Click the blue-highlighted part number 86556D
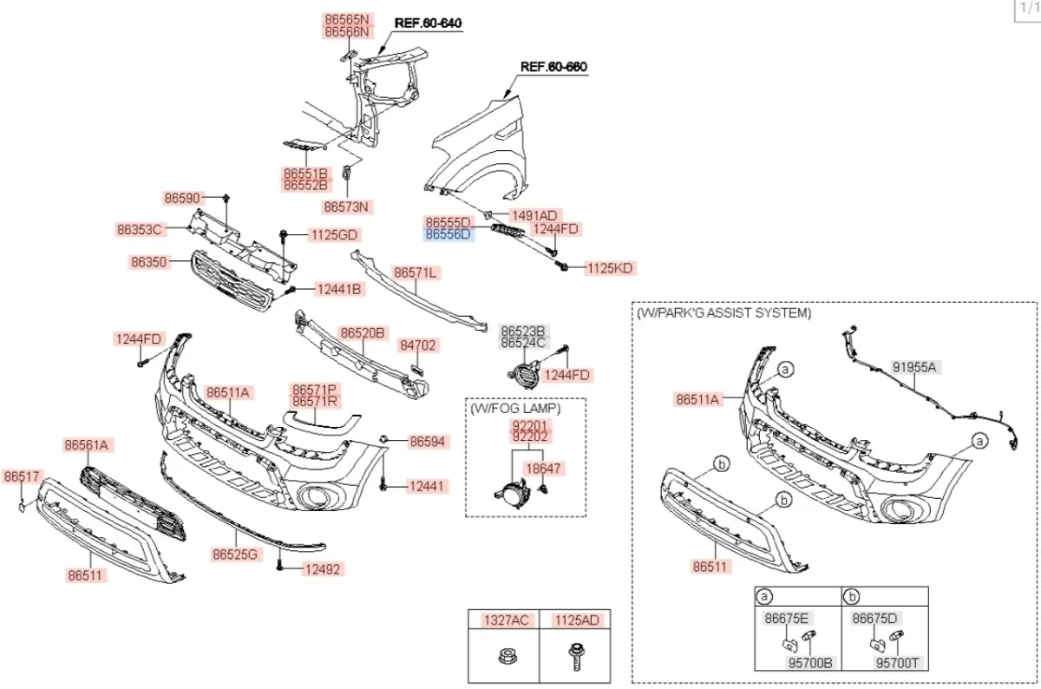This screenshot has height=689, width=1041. [448, 234]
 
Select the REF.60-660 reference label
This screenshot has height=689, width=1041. [551, 66]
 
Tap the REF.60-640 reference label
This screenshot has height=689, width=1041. [428, 23]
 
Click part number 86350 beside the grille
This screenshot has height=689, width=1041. [150, 260]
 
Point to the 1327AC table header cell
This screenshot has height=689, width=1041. [505, 620]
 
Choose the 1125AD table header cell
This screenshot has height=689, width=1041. [576, 620]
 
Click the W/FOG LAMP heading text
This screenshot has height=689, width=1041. [515, 407]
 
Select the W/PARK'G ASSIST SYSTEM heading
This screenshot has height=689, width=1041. [724, 312]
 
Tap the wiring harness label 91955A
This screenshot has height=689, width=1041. [915, 367]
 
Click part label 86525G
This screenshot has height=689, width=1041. [236, 554]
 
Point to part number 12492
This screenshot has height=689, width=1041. [322, 569]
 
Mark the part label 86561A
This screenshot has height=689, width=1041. [87, 445]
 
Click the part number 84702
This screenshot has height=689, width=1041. [419, 345]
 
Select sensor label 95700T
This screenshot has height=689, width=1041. [896, 663]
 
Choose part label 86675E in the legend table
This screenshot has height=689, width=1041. [787, 618]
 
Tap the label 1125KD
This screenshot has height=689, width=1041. [610, 268]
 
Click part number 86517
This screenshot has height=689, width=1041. [22, 476]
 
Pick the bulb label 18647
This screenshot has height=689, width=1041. [544, 469]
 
